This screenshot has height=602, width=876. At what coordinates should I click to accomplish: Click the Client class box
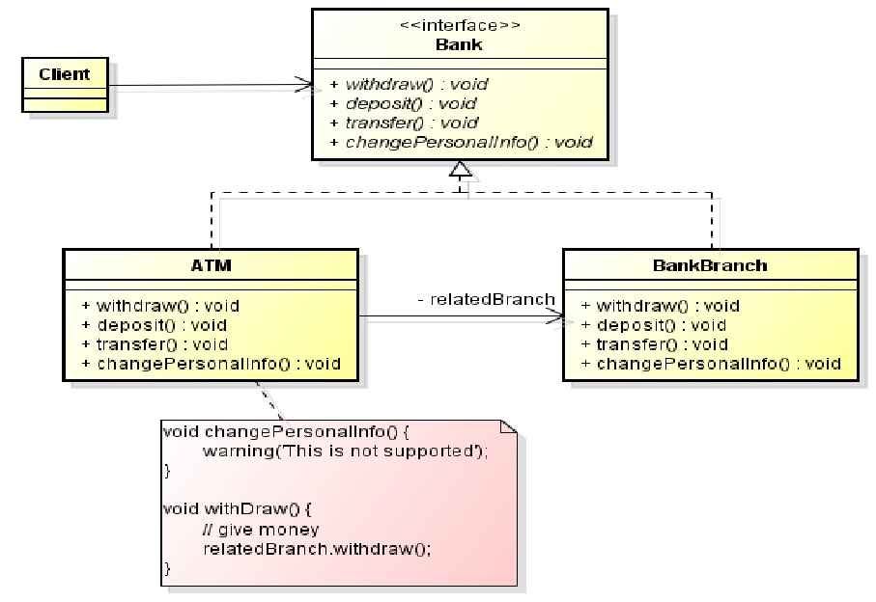tap(65, 85)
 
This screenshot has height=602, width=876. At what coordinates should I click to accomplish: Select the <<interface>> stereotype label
tap(459, 26)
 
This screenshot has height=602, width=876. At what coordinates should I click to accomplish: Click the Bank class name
tap(459, 44)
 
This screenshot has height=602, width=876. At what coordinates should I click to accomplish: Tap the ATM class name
tap(211, 264)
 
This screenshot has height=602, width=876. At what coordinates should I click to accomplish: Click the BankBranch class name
tap(710, 264)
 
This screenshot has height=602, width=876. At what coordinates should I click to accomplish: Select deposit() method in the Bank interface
tap(403, 103)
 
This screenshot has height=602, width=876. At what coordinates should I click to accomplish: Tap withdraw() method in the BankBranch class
tap(660, 306)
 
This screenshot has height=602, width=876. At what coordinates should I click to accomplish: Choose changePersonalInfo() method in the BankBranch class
tap(711, 364)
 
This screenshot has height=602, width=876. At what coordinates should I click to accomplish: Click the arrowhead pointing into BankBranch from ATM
tap(556, 315)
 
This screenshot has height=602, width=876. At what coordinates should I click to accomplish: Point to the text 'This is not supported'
tap(401, 451)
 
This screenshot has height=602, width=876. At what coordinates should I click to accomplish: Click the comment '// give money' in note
tap(261, 529)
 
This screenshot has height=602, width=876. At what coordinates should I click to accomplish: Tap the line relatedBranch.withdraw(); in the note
tap(317, 548)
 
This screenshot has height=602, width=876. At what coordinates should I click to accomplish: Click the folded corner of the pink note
tap(510, 427)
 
